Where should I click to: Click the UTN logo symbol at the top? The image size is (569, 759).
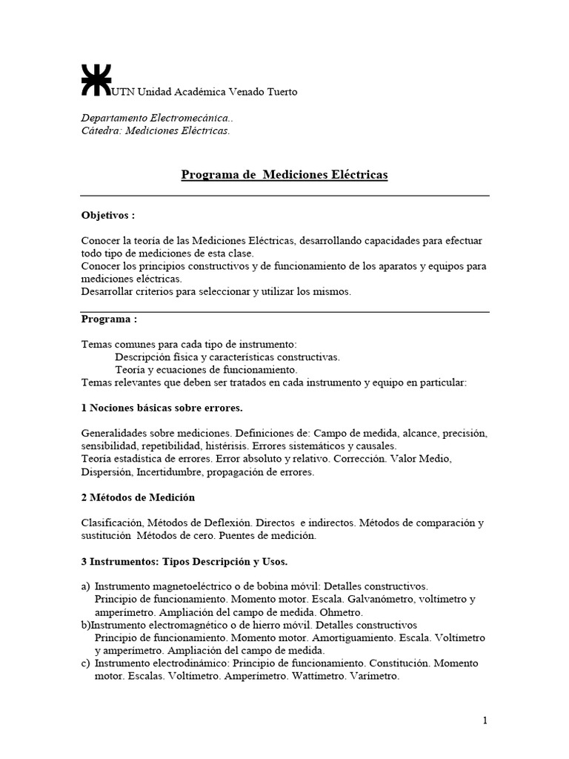pyautogui.click(x=95, y=79)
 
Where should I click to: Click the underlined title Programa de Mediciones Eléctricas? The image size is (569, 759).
pyautogui.click(x=284, y=175)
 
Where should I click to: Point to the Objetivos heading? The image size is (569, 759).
pyautogui.click(x=108, y=215)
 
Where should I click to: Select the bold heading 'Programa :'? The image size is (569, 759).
pyautogui.click(x=109, y=319)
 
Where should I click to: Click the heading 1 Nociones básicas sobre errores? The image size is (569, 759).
pyautogui.click(x=162, y=408)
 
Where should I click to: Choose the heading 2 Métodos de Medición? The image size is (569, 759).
pyautogui.click(x=138, y=497)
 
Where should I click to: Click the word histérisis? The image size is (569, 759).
pyautogui.click(x=226, y=446)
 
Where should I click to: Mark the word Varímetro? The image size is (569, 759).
pyautogui.click(x=374, y=676)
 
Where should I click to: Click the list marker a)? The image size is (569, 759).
pyautogui.click(x=86, y=586)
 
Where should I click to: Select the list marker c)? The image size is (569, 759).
pyautogui.click(x=86, y=663)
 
